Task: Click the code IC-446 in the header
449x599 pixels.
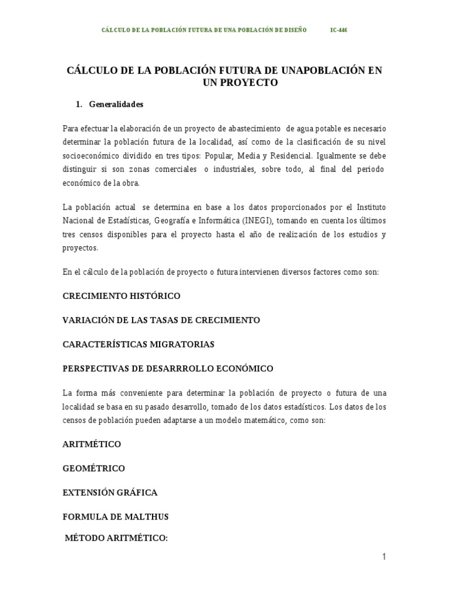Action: pos(339,30)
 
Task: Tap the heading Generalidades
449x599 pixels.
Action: pos(116,105)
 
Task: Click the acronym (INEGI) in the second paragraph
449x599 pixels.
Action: pos(256,221)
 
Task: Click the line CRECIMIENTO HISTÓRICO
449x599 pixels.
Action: pos(121,296)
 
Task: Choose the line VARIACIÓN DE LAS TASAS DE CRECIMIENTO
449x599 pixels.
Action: pos(161,320)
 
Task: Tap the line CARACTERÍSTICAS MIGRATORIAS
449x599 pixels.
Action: pos(138,345)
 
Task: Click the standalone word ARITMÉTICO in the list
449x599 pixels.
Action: pos(92,445)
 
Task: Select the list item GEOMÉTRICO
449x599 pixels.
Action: pos(94,469)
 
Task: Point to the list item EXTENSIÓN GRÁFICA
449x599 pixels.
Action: pos(110,493)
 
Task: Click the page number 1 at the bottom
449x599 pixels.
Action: pos(384,557)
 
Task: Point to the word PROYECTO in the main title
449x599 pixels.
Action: pos(248,83)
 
